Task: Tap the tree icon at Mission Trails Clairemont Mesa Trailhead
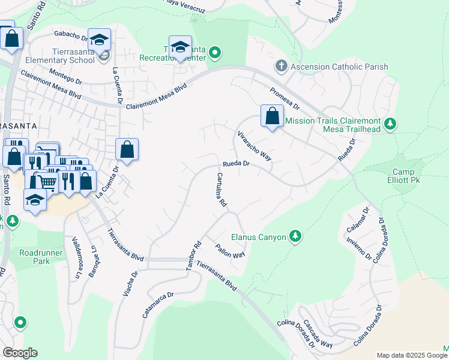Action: tap(391, 124)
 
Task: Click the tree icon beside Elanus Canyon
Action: tap(295, 236)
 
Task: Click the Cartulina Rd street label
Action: tap(220, 190)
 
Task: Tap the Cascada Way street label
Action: tap(318, 334)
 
